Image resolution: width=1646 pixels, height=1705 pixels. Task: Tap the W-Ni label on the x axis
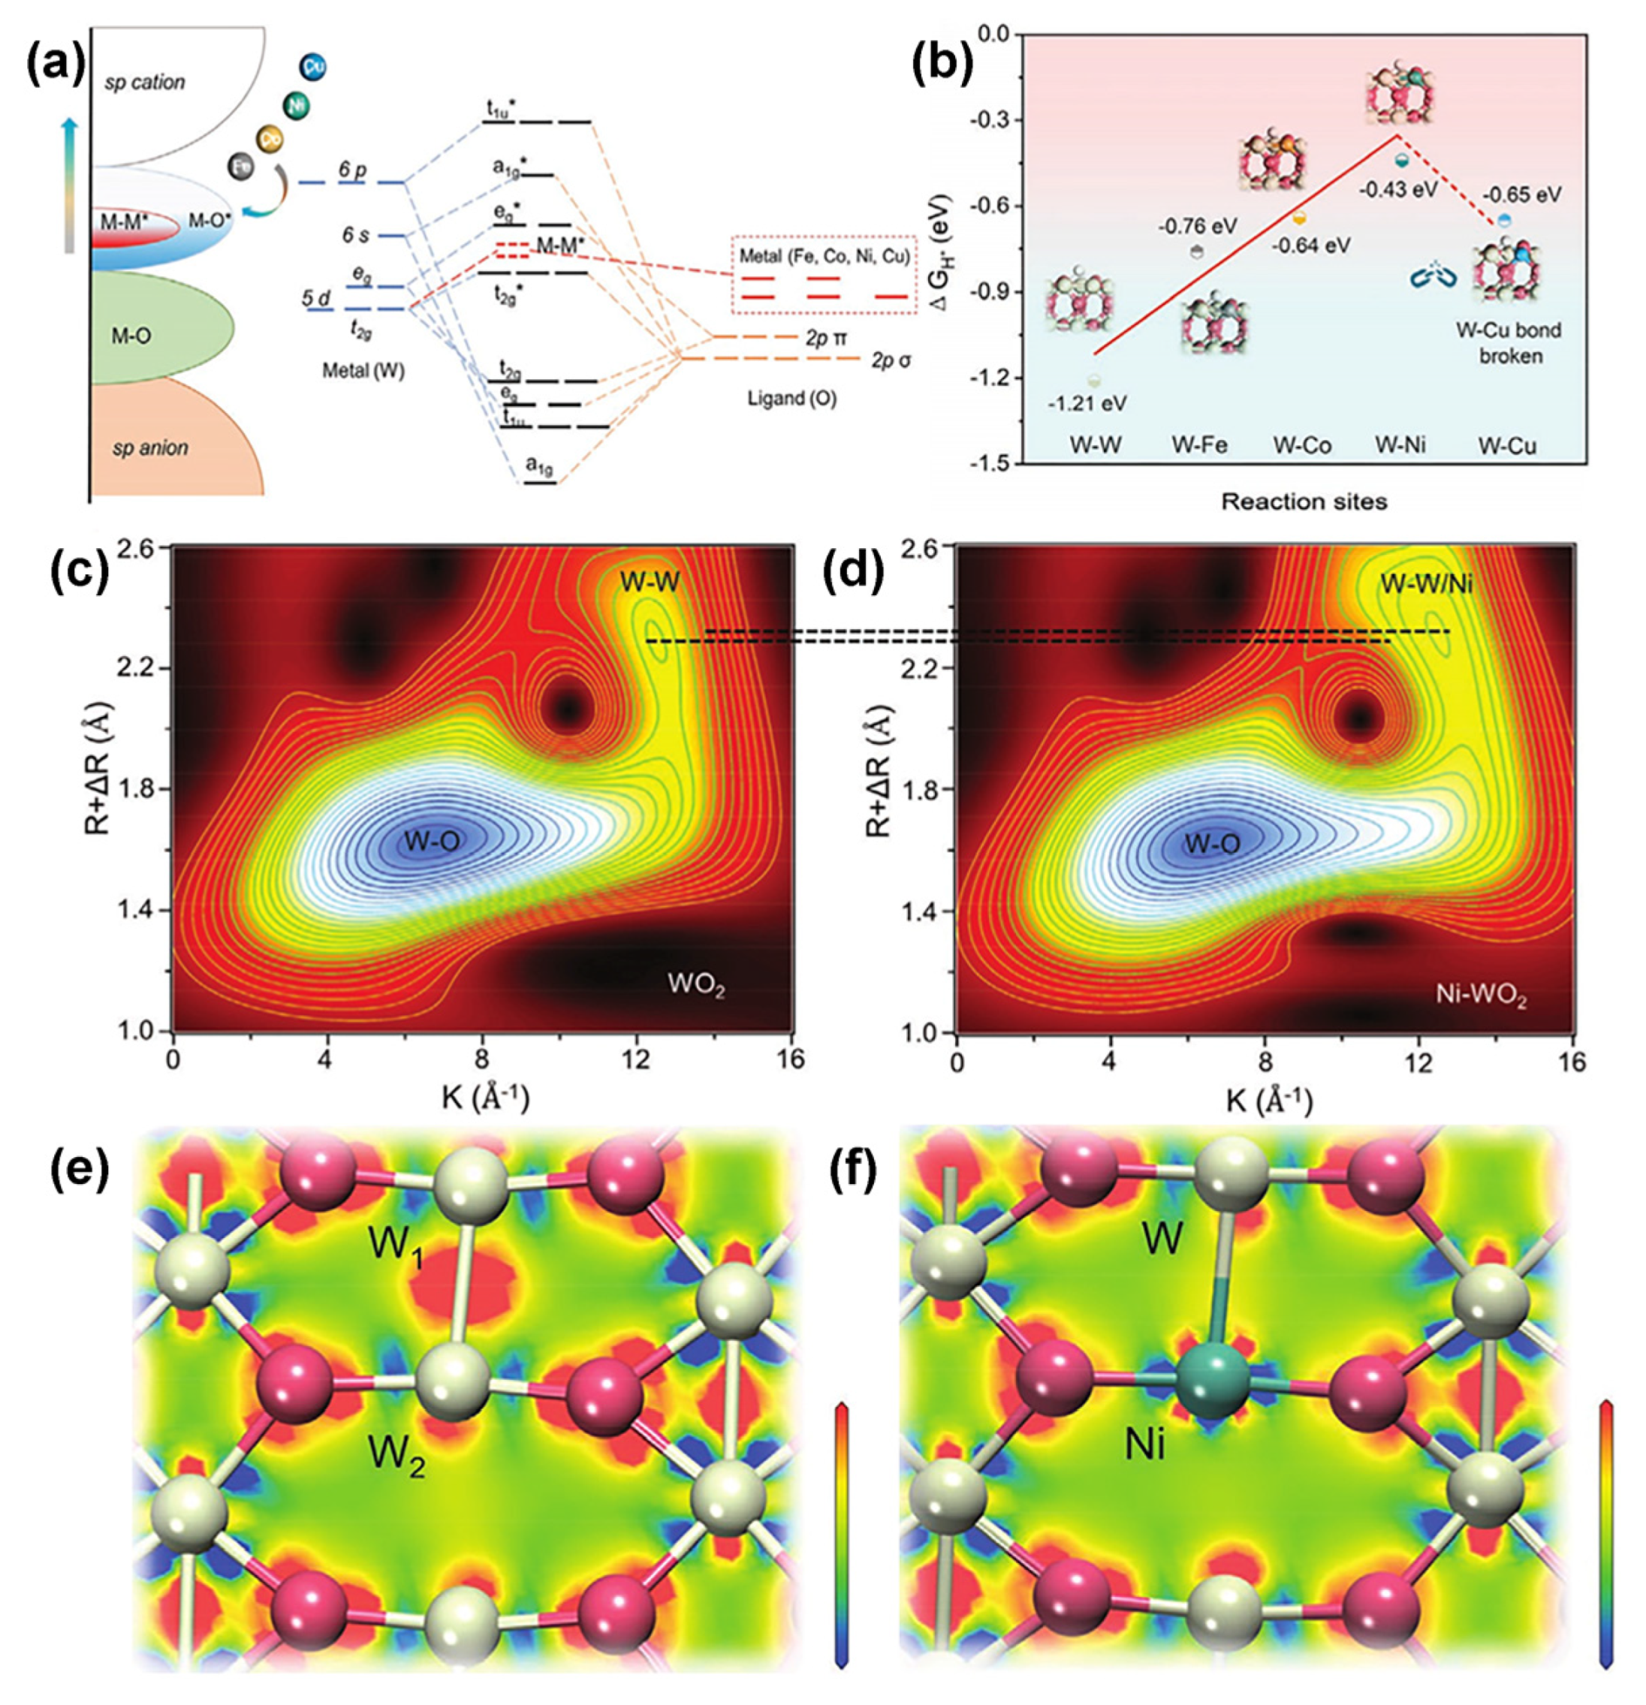(x=1400, y=445)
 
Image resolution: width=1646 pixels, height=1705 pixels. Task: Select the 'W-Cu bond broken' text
(x=1509, y=343)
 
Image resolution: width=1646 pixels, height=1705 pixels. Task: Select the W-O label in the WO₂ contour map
(x=432, y=840)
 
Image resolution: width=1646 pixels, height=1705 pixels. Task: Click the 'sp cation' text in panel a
(x=144, y=83)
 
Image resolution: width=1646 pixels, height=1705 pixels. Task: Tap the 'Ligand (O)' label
(x=792, y=399)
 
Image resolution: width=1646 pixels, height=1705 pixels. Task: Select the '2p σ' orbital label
(x=892, y=360)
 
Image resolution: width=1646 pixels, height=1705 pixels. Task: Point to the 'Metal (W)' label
(x=363, y=371)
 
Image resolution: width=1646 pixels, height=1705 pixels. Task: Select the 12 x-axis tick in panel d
(x=1418, y=1063)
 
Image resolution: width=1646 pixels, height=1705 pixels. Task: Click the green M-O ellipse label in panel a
(x=131, y=335)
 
